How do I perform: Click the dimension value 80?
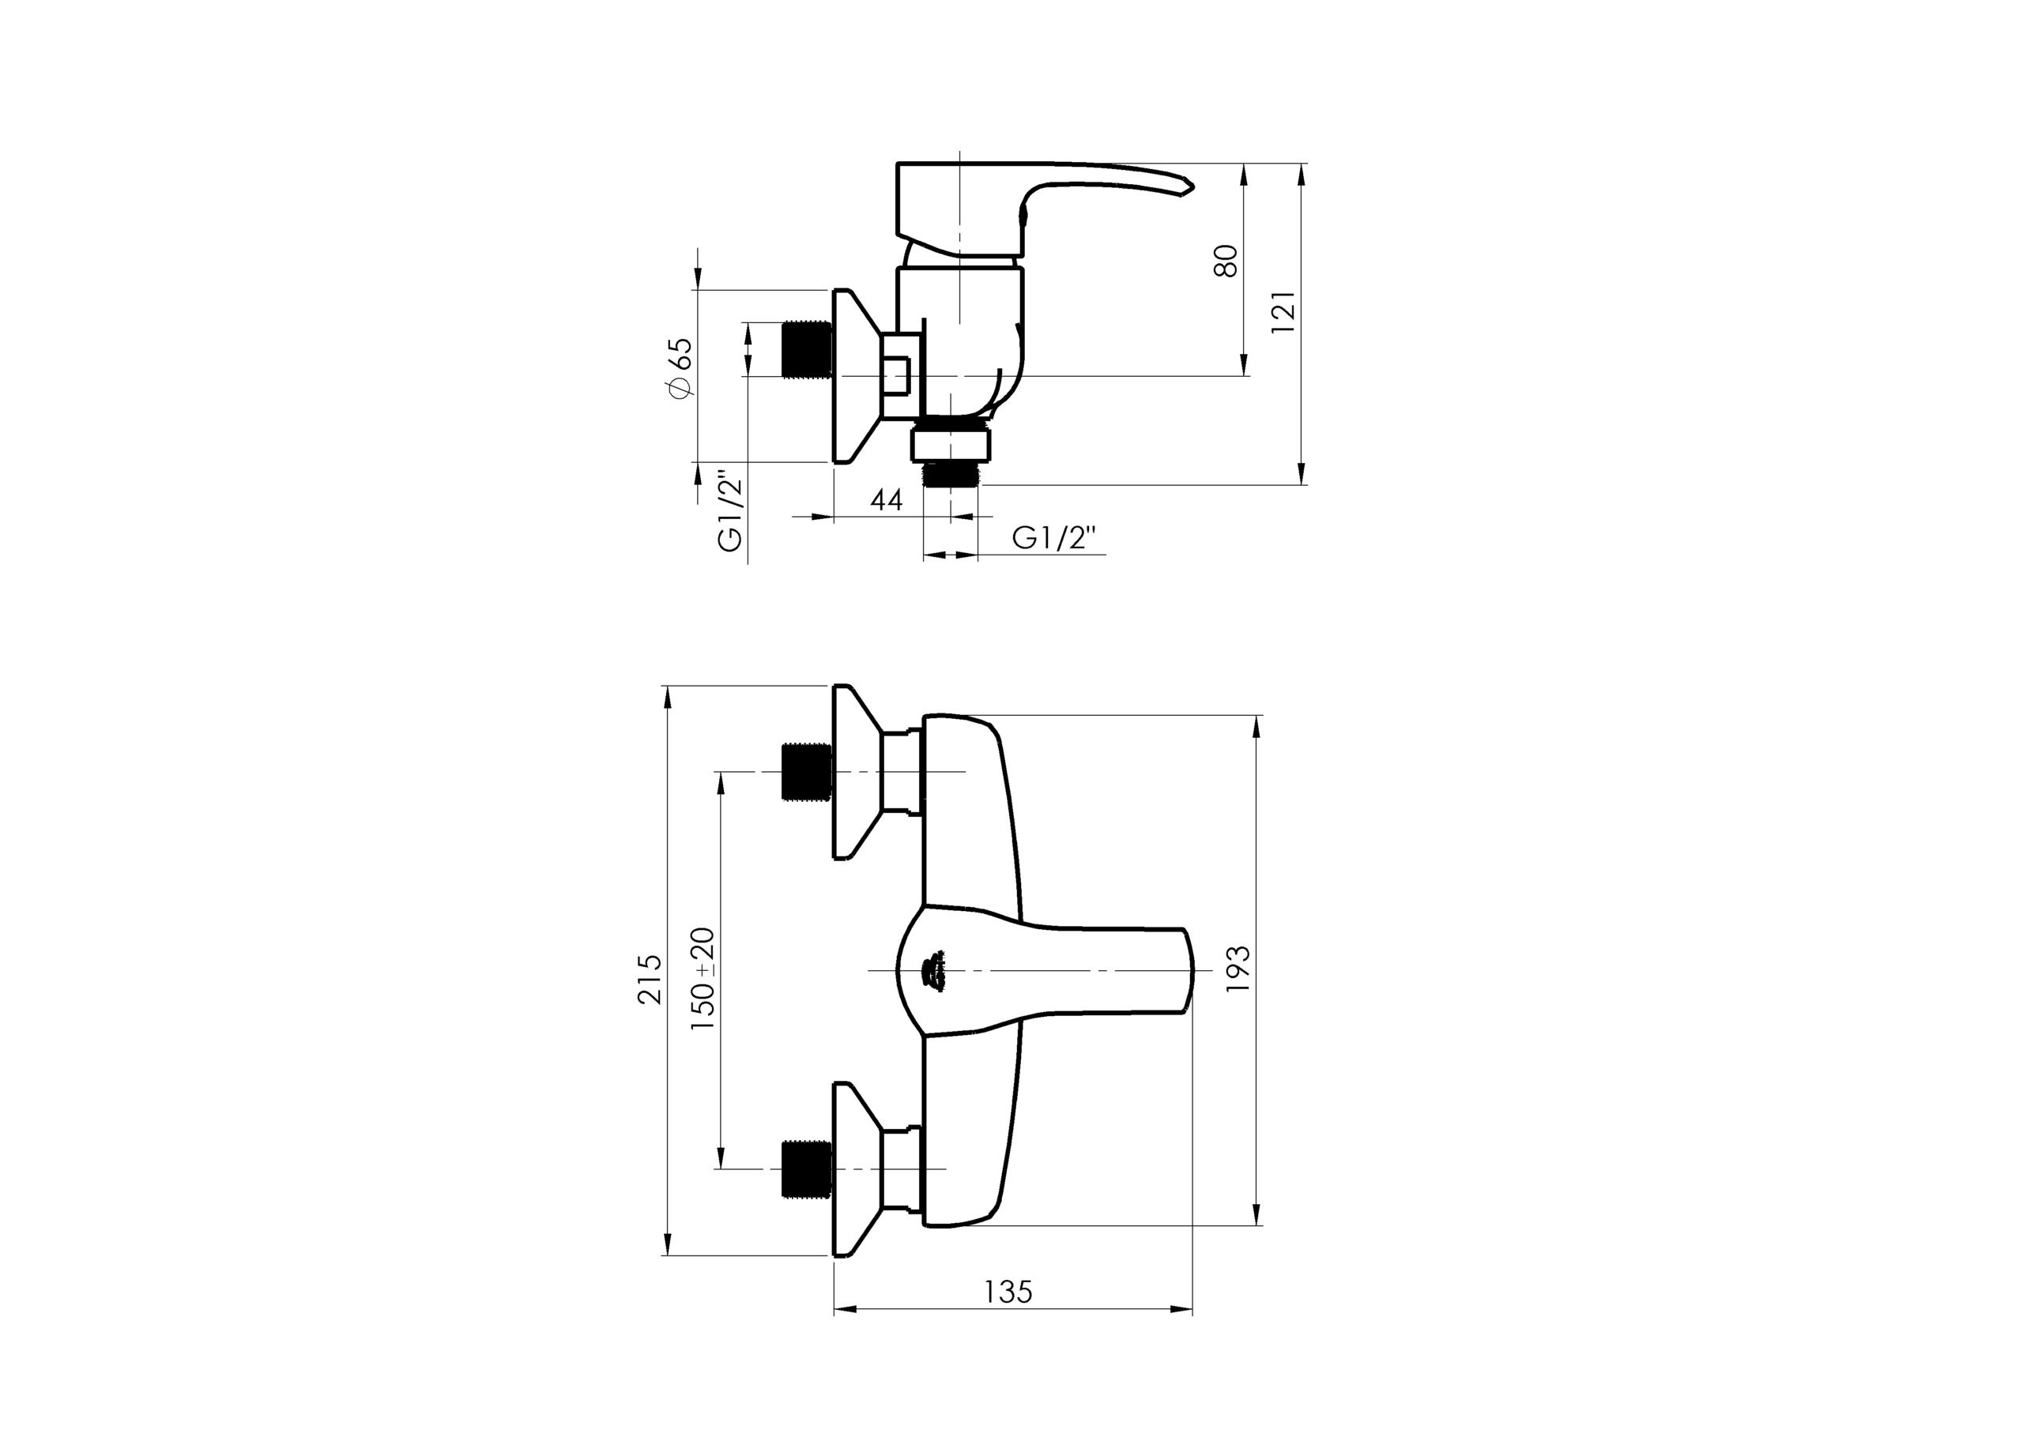[1226, 261]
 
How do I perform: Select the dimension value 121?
[1284, 311]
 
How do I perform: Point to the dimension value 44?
[887, 499]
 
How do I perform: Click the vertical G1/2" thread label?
[731, 513]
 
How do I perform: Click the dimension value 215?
[650, 978]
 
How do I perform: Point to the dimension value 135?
[1008, 1292]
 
